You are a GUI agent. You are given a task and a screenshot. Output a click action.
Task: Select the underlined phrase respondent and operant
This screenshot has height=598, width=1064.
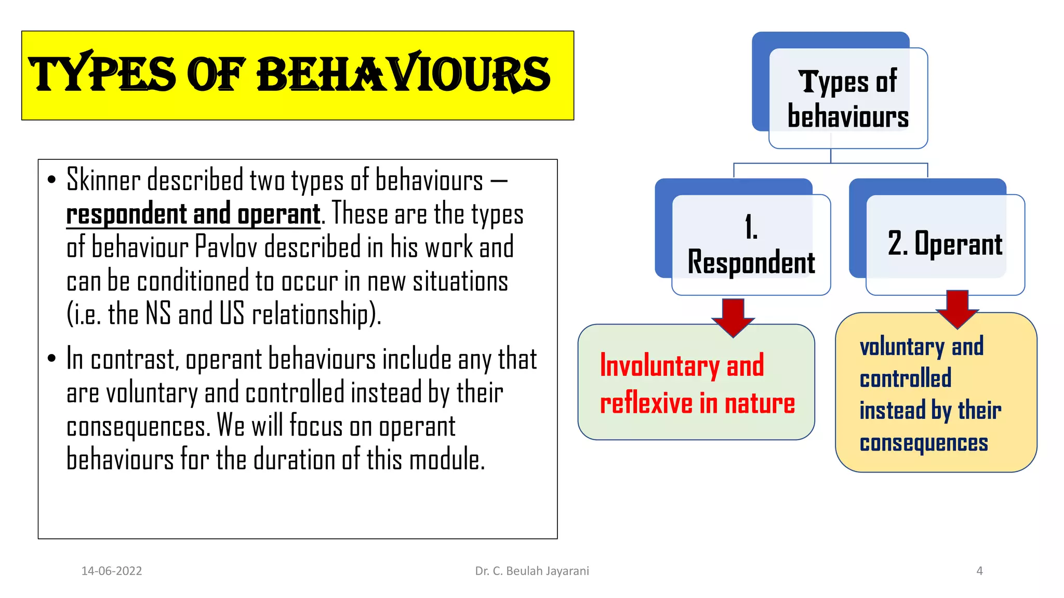pos(193,214)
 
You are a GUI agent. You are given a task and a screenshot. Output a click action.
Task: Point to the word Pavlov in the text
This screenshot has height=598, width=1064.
pos(225,248)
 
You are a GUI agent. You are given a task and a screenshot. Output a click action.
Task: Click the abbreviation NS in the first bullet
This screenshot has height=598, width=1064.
pos(158,315)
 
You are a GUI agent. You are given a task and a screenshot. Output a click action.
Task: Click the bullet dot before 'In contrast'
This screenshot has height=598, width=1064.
pos(51,359)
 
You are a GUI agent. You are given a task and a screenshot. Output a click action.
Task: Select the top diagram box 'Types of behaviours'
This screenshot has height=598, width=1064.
pos(848,99)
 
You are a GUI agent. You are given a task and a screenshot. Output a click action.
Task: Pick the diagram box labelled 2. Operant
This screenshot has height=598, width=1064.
pos(945,244)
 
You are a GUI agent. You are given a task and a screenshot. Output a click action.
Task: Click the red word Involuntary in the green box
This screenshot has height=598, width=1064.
pos(659,366)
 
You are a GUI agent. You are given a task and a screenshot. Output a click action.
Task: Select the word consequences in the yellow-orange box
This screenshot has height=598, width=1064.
pos(924,443)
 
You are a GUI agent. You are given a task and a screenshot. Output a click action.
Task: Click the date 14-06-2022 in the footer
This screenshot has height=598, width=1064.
pos(112,571)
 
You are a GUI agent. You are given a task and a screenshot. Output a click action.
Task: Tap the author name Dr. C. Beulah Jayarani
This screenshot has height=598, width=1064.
pos(532,571)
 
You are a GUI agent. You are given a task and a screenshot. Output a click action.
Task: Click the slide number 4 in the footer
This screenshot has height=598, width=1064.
pos(979,571)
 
